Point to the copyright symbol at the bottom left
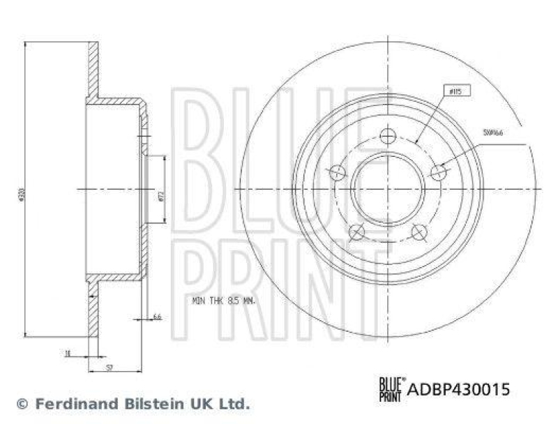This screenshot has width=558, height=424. click(22, 403)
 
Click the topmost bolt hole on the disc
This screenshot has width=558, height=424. click(387, 137)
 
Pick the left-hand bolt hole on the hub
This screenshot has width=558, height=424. click(337, 172)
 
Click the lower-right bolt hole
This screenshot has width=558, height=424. click(418, 232)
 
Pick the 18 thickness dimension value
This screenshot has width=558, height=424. click(68, 354)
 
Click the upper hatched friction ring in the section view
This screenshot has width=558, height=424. click(92, 70)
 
